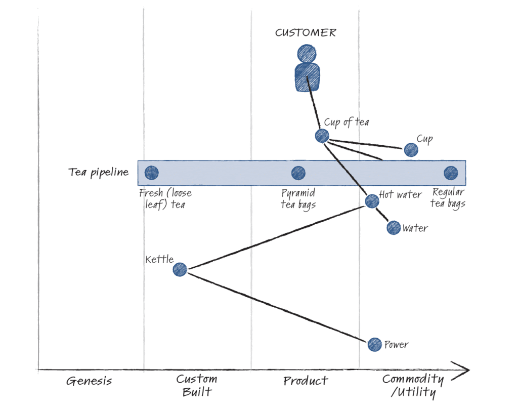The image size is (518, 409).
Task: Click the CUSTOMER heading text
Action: pos(306,33)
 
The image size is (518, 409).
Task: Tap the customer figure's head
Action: pos(306,53)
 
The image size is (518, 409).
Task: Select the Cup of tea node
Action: pos(322,135)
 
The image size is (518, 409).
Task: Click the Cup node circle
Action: pos(411,149)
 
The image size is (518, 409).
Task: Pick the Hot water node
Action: pos(372,201)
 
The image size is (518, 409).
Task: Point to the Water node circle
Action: pos(394,227)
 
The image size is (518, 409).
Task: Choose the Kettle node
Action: pos(180,269)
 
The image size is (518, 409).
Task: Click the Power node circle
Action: pos(374,344)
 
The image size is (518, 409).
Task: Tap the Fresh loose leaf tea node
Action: pos(151,173)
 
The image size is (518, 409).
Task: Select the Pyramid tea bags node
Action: pos(298,173)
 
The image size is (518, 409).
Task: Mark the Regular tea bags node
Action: pos(450,173)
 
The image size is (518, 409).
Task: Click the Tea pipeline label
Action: pos(98,173)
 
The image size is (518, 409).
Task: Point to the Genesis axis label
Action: pos(89,381)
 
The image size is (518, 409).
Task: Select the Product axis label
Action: pos(306,381)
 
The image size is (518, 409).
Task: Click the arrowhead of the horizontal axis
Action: pos(463,369)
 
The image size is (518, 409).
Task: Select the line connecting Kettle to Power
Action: pos(277,307)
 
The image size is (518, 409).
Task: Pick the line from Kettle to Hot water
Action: pos(276,235)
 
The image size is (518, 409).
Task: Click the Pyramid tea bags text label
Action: pos(298,198)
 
